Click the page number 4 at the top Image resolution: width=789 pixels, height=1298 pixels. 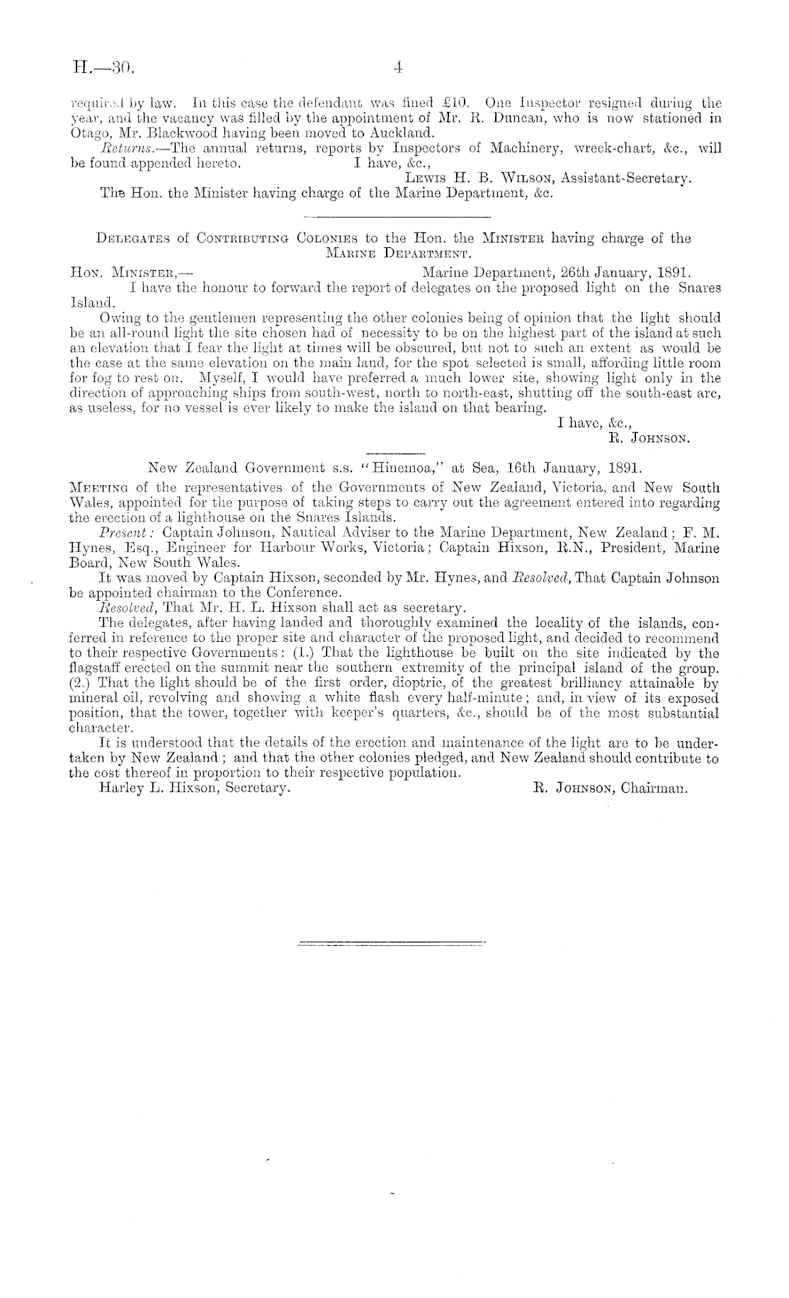[x=398, y=69]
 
